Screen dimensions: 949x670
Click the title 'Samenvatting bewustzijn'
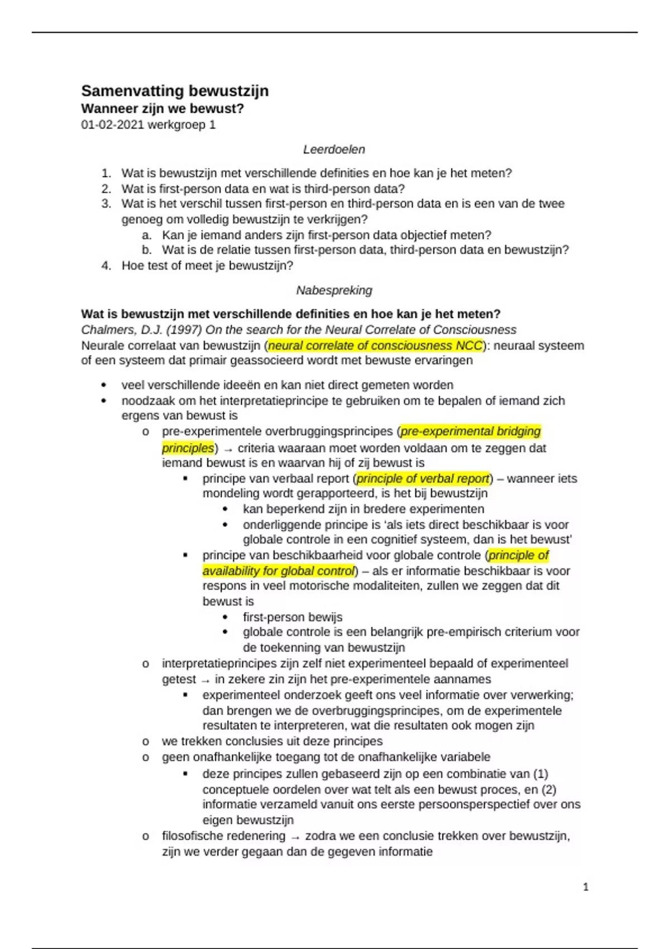pos(175,91)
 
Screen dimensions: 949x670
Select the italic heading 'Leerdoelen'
pos(334,150)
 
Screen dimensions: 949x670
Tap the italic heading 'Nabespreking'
pos(334,290)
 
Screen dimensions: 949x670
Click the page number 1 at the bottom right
pos(586,886)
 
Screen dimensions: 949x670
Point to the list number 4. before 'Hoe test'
pos(107,266)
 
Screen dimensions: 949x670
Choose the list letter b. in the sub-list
pos(147,250)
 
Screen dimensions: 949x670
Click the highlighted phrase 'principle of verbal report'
pos(423,478)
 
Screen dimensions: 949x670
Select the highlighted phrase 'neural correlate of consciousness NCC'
pos(375,346)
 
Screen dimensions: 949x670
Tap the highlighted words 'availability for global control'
pos(279,571)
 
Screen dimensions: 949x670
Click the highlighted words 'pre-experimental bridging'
pos(471,432)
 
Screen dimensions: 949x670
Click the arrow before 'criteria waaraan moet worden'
pos(228,449)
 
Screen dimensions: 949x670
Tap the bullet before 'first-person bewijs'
pos(225,617)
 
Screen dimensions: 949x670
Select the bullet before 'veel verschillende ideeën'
pos(103,385)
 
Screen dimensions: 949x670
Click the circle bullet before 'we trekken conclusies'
pos(146,741)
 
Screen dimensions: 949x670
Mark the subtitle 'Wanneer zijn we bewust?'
pos(162,108)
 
